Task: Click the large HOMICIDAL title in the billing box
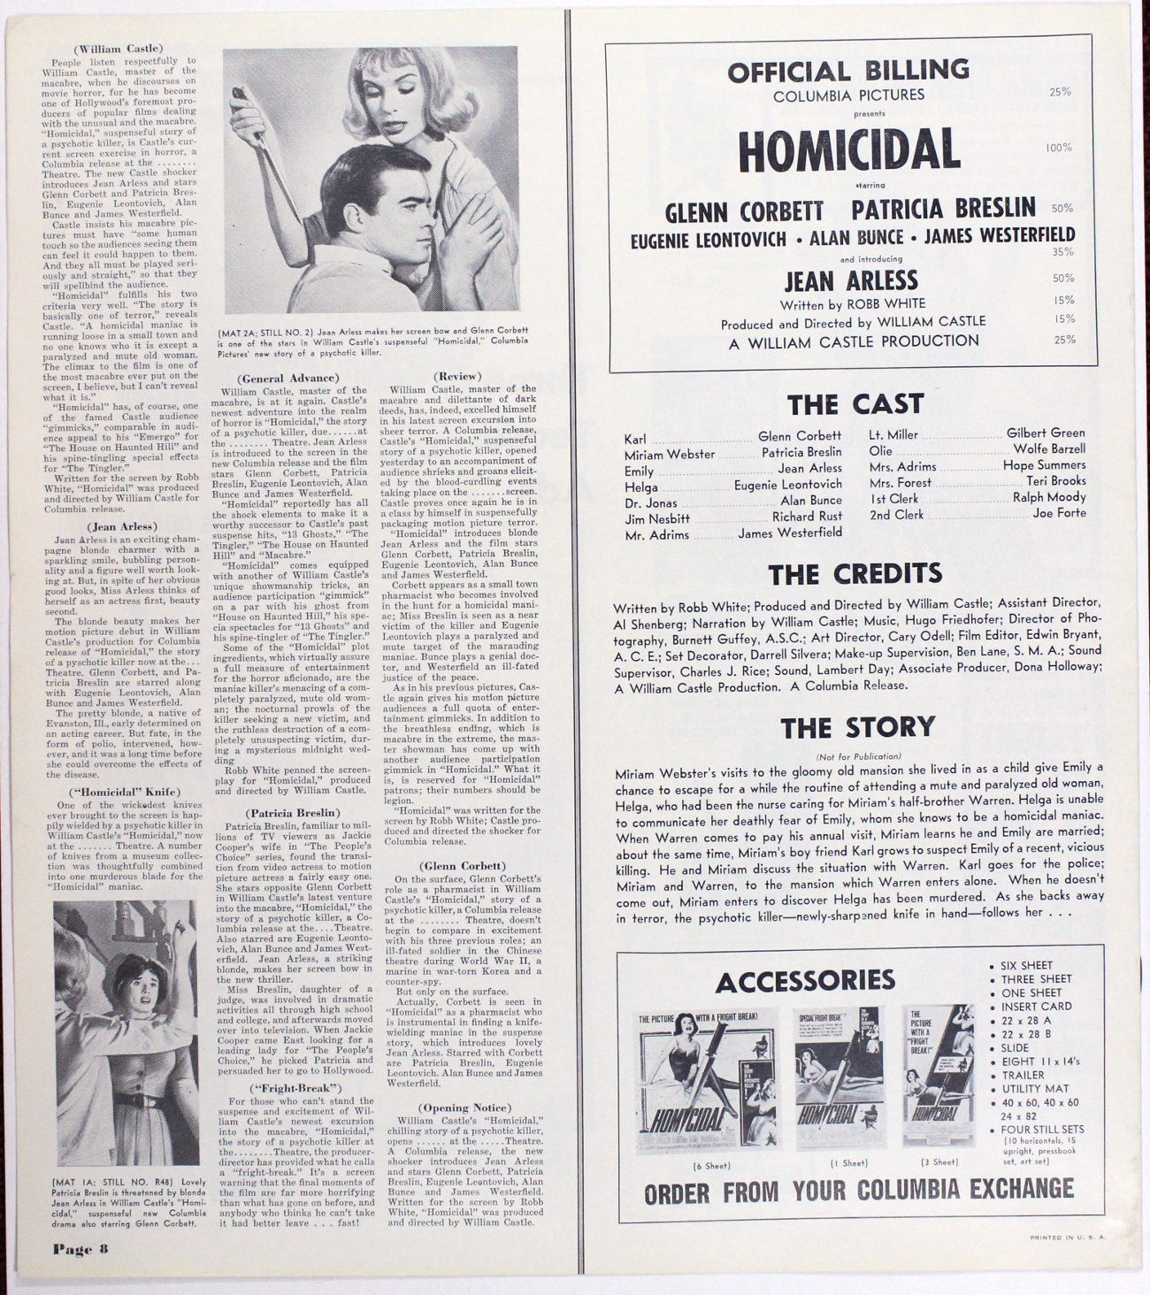click(x=848, y=150)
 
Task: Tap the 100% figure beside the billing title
click(x=1059, y=148)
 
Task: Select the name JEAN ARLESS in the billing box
click(x=851, y=281)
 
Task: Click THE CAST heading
click(x=855, y=404)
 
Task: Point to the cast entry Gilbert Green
click(x=1046, y=433)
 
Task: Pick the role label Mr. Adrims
click(x=656, y=535)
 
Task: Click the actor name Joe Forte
click(x=1059, y=513)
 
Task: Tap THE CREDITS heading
click(x=855, y=574)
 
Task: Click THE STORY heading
click(x=857, y=727)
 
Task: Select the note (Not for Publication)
click(x=858, y=756)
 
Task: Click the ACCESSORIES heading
click(x=805, y=981)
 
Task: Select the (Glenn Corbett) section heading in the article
click(x=463, y=865)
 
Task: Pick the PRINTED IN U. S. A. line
click(x=1068, y=1238)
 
